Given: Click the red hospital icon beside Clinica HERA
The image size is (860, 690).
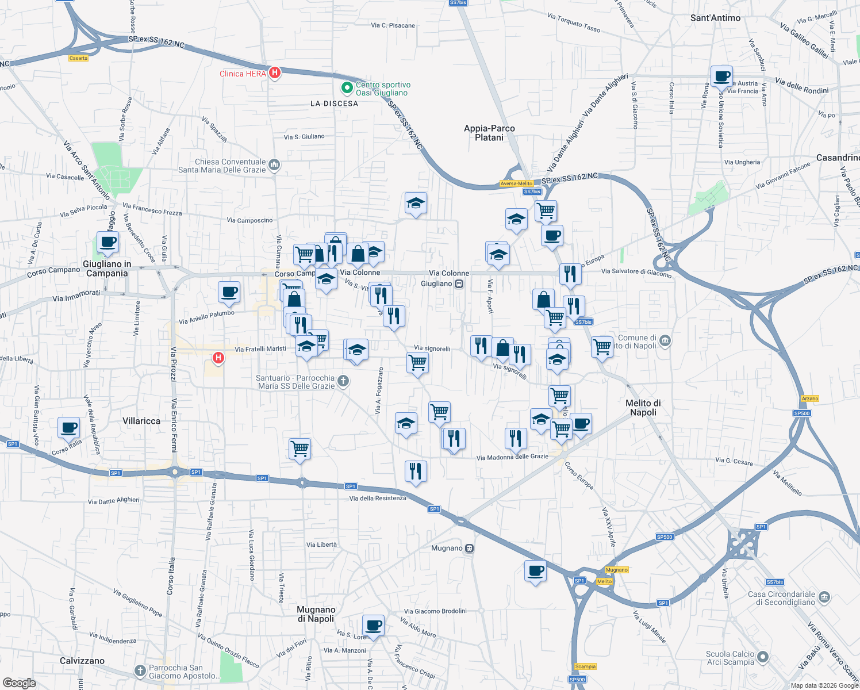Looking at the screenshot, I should pyautogui.click(x=275, y=73).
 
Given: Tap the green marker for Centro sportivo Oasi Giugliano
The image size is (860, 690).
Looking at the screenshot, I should pyautogui.click(x=347, y=88).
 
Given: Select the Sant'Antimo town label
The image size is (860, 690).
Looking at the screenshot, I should pyautogui.click(x=715, y=18).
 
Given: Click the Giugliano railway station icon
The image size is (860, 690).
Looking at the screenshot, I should pyautogui.click(x=459, y=283).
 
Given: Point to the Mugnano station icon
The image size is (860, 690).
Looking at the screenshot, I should pyautogui.click(x=470, y=548).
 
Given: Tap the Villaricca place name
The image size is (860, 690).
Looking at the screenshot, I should pyautogui.click(x=141, y=421).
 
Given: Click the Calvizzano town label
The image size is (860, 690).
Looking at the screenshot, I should pyautogui.click(x=82, y=661).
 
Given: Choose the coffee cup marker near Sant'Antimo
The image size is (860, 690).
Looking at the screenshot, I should pyautogui.click(x=721, y=75).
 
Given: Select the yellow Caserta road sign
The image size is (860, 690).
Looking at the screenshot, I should pyautogui.click(x=78, y=58).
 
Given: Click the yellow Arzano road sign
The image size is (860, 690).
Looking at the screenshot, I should pyautogui.click(x=809, y=398).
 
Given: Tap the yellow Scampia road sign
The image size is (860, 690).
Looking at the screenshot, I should pyautogui.click(x=585, y=666).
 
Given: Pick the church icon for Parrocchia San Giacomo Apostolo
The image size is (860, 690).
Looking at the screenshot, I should pyautogui.click(x=140, y=671).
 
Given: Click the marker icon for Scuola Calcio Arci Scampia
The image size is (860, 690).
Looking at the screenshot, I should pyautogui.click(x=763, y=657).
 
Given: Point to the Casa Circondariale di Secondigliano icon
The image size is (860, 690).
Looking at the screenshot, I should pyautogui.click(x=824, y=596).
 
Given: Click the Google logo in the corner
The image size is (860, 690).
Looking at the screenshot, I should pyautogui.click(x=19, y=683).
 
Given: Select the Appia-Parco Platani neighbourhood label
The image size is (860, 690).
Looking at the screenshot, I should pyautogui.click(x=489, y=133).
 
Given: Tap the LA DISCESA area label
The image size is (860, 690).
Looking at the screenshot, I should pyautogui.click(x=334, y=103).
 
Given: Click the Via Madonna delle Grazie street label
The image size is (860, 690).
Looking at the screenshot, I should pyautogui.click(x=512, y=457).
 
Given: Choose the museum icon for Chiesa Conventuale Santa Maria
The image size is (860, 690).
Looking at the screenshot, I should pyautogui.click(x=274, y=165).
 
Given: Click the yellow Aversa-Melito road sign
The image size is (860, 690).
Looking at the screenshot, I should pyautogui.click(x=516, y=183).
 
